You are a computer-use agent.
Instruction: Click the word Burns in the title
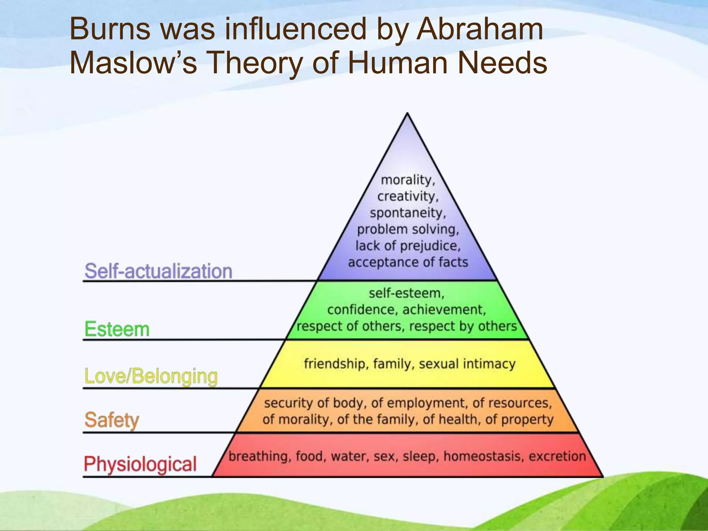point(110,29)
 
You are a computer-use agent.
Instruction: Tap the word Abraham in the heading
point(479,29)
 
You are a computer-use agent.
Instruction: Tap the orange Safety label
point(112,420)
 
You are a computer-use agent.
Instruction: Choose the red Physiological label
point(140,464)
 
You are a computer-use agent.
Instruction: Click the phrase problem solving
point(408,229)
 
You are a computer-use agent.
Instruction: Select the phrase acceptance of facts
point(408,262)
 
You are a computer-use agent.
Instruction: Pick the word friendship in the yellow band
point(334,364)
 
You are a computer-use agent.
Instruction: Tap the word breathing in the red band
point(258,456)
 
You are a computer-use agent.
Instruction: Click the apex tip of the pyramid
point(408,114)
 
